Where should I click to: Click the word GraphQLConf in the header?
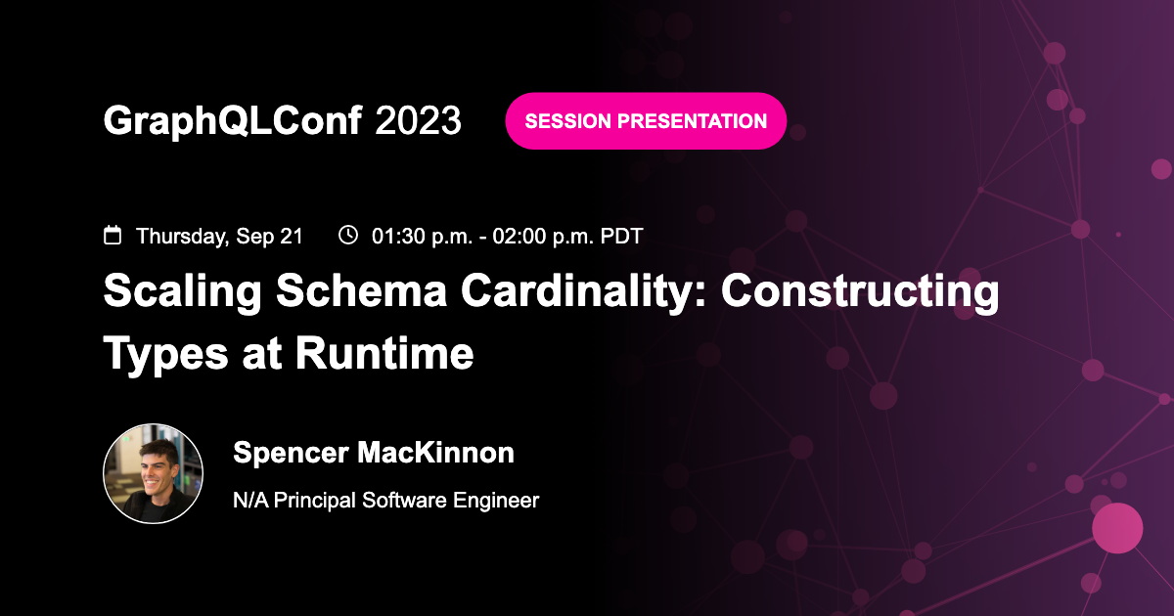tap(233, 120)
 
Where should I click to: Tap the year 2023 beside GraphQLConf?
tap(418, 120)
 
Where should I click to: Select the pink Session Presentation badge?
tap(646, 121)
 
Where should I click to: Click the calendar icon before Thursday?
tap(113, 235)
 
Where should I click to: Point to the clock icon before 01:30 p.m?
tap(347, 235)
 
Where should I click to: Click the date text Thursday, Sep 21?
tap(219, 236)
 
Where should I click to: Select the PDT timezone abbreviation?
tap(620, 236)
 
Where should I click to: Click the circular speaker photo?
tap(154, 474)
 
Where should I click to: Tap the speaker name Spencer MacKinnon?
tap(374, 453)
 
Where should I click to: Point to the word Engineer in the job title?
tap(496, 501)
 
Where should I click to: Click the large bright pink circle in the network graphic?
tap(1117, 528)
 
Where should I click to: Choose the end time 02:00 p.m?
tap(534, 236)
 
